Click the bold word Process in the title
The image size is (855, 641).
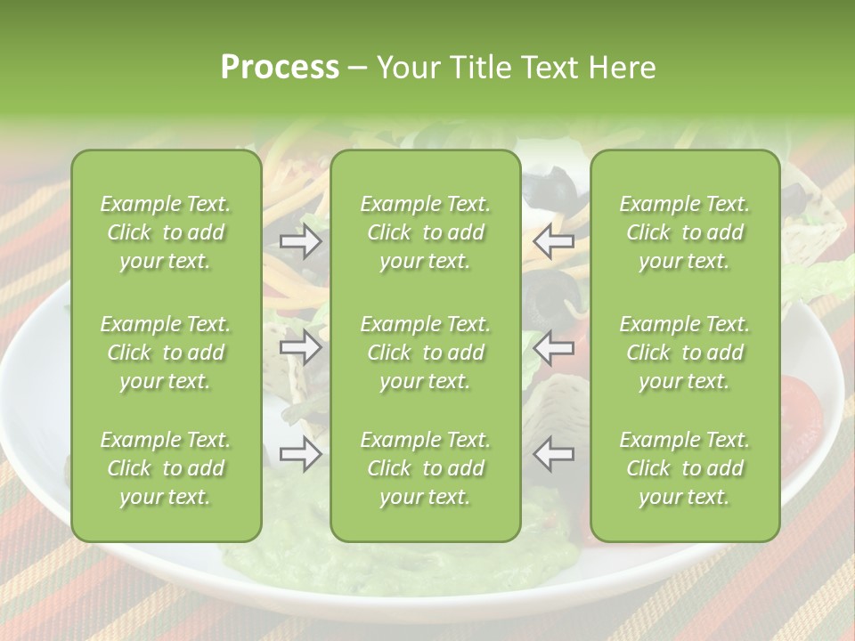coord(280,68)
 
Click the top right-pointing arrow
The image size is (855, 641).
coord(301,241)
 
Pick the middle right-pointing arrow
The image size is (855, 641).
coord(301,347)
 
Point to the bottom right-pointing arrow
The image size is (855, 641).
coord(301,455)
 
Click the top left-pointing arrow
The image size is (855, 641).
coord(553,241)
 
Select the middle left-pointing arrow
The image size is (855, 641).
coord(553,347)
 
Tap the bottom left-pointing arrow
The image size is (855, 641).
coord(553,455)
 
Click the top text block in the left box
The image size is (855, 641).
coord(166,232)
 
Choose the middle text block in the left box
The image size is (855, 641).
coord(166,353)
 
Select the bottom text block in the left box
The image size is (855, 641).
coord(166,468)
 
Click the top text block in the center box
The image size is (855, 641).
coord(426,232)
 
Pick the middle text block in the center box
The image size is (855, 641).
coord(426,353)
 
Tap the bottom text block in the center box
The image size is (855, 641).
coord(426,468)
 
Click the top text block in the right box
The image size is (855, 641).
coord(685,232)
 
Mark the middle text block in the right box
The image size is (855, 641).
coord(685,353)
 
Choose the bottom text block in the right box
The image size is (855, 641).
coord(685,468)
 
